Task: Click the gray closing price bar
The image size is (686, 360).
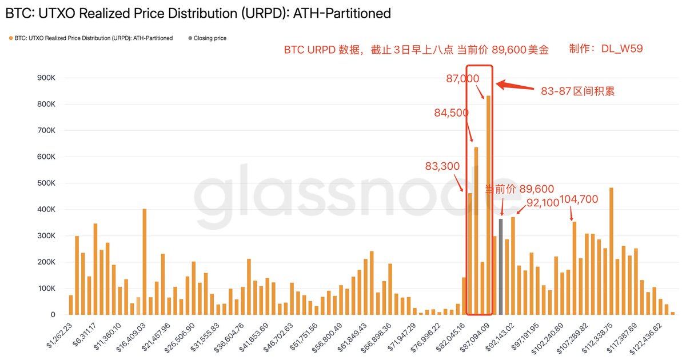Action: coord(501,267)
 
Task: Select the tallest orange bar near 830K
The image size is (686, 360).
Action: coord(489,205)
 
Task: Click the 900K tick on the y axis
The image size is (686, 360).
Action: coord(45,78)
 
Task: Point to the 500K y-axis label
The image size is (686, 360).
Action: coord(45,183)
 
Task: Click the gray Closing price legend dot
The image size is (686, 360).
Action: coord(190,38)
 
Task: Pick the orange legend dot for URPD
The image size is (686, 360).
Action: coord(11,38)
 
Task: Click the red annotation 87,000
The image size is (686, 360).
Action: coord(462,79)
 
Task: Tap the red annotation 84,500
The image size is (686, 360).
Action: coord(452,113)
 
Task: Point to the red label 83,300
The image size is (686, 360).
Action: coord(442,166)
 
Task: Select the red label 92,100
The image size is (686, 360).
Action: coord(543,203)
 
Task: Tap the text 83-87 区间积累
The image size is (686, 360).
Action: coord(578,91)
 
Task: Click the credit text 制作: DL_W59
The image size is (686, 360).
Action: coord(606,49)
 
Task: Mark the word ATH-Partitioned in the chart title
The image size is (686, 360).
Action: coord(342,13)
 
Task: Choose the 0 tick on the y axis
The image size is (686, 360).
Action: coord(53,315)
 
